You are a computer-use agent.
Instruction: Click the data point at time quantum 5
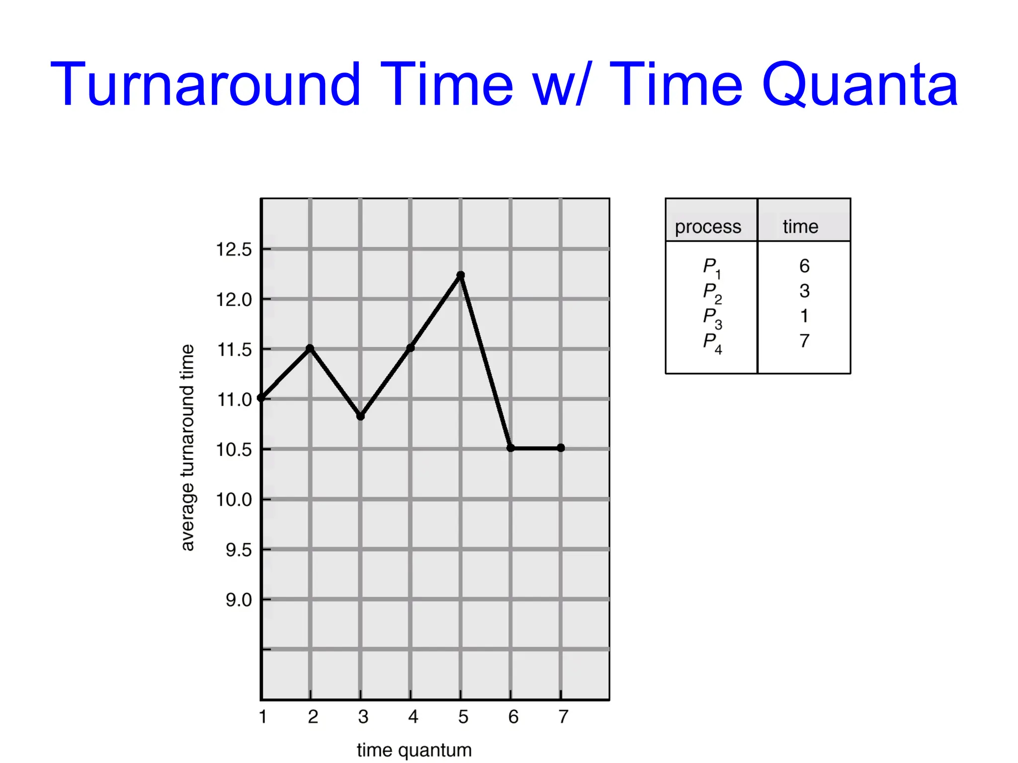461,275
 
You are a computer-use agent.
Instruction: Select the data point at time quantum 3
361,416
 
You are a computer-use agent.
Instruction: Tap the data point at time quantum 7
561,448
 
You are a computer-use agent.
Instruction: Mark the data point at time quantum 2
310,348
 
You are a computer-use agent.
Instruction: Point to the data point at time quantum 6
510,448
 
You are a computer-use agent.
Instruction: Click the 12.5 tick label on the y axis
234,249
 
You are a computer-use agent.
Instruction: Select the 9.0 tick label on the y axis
239,600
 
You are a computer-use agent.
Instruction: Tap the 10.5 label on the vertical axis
234,450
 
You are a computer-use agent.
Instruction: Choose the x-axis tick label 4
413,717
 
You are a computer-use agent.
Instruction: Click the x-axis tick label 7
563,717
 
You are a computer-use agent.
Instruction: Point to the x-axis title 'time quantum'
414,750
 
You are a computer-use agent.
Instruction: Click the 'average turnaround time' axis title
187,448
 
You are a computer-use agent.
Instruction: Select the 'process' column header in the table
708,227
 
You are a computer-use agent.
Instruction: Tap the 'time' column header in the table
800,227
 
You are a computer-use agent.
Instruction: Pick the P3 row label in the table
712,317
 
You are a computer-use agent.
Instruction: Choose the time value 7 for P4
804,341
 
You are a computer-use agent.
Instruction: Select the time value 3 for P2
804,291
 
